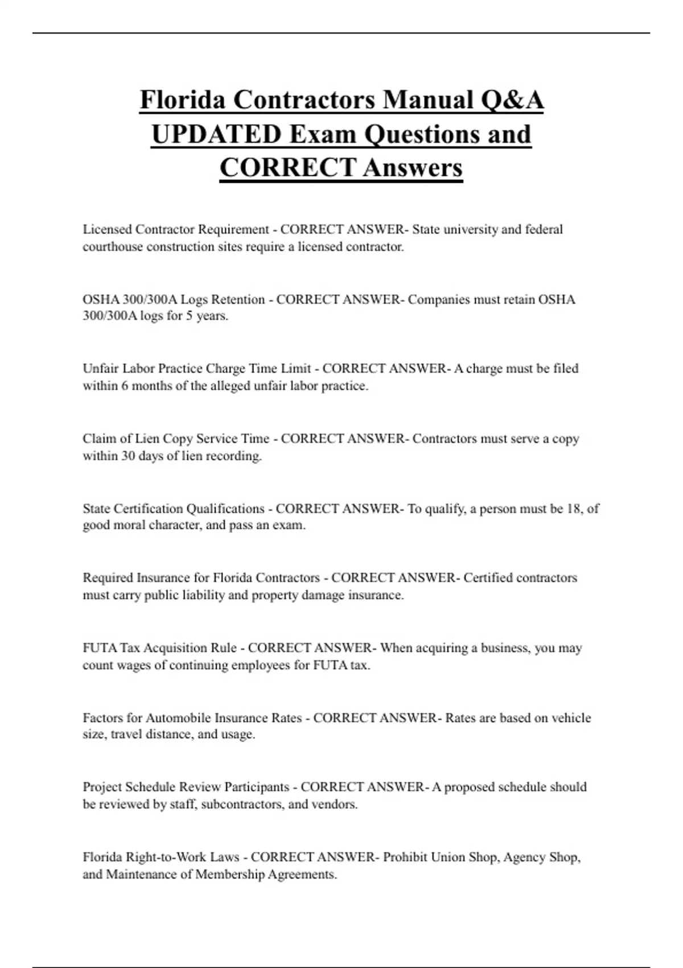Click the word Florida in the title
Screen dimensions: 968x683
pos(182,100)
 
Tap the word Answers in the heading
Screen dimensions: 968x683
pos(413,168)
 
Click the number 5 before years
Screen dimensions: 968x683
pos(189,316)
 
